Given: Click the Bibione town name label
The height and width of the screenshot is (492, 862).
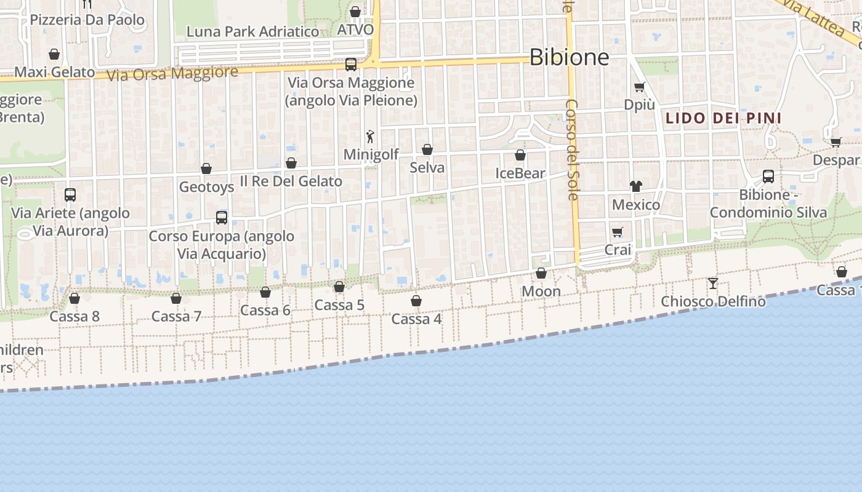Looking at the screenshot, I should coord(569,57).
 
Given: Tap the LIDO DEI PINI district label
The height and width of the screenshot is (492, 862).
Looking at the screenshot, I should coord(723,118).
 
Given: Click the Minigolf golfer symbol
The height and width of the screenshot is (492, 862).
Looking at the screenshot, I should coord(370,137).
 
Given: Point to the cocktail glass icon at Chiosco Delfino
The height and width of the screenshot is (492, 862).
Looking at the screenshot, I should coord(713,283).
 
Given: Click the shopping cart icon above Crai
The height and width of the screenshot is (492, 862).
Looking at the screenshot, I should coord(618,232).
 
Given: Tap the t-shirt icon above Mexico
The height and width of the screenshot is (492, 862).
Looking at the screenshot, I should coord(635,186).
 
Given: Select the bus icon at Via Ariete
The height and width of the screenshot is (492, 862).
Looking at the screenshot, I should coord(70,195).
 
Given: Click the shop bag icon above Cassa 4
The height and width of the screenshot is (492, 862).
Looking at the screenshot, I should coord(416,301).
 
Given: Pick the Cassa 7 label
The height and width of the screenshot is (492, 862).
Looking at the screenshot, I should coord(176,317).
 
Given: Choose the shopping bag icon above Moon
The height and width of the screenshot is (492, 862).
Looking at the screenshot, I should coord(541,273).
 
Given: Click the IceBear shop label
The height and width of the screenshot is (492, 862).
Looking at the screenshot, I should coord(520,173).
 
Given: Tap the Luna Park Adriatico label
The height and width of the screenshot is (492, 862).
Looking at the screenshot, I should coord(252,31).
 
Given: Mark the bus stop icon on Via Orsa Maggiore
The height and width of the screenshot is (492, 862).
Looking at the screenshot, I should coord(351,64).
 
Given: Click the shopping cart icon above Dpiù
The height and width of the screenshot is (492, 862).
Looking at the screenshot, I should coord(640,87).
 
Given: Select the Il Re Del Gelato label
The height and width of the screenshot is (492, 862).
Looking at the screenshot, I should coord(291,181).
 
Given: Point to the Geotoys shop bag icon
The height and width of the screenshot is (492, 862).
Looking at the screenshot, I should coord(206,169).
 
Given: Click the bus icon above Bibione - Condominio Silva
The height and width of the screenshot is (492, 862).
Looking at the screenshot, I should coord(768,177).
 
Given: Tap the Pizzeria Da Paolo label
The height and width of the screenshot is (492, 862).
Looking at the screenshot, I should coord(87,20).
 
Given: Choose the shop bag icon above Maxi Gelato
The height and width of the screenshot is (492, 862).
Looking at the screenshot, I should coord(54,54).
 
